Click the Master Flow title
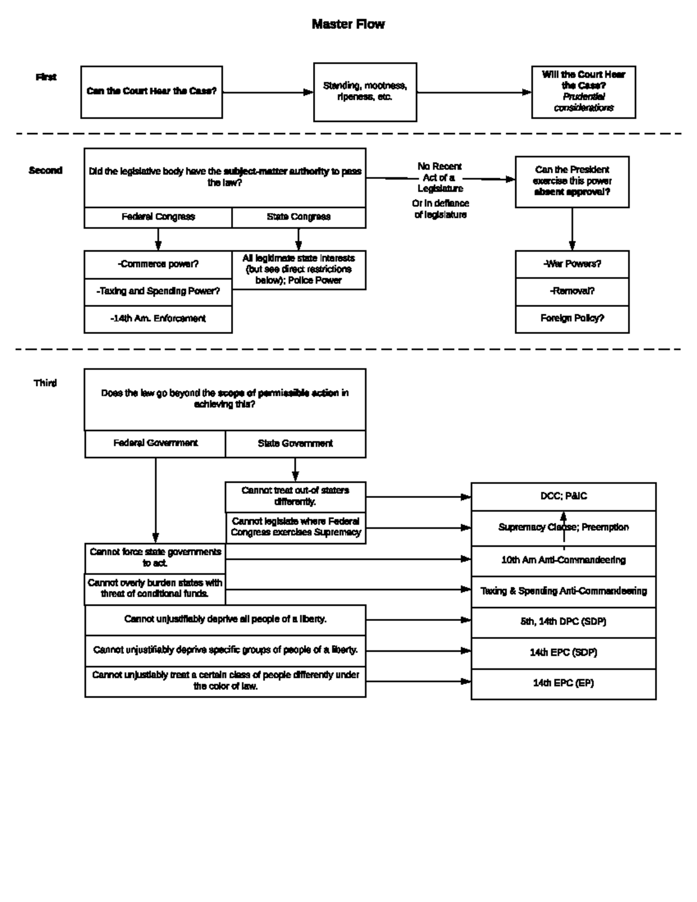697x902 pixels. click(x=348, y=24)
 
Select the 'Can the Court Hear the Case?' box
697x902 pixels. click(x=152, y=92)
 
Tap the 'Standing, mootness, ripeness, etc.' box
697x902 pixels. click(x=365, y=92)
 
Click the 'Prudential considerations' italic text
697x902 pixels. click(x=583, y=102)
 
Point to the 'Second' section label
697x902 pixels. click(x=45, y=170)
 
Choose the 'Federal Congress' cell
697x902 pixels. click(x=158, y=217)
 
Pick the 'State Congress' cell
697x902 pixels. click(x=299, y=217)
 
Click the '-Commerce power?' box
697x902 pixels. click(x=158, y=264)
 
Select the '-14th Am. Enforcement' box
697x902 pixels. click(x=158, y=318)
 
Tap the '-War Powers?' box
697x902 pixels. click(x=572, y=264)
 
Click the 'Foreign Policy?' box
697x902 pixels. click(x=572, y=318)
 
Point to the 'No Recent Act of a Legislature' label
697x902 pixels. click(x=440, y=177)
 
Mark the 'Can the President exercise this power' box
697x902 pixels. click(x=572, y=181)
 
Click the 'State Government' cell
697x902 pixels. click(x=295, y=443)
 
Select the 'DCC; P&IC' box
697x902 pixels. click(x=563, y=496)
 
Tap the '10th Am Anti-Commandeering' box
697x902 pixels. click(x=563, y=560)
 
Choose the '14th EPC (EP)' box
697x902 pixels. click(x=563, y=683)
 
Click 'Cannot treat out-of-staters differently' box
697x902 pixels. click(x=295, y=496)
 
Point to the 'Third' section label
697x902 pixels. click(x=45, y=383)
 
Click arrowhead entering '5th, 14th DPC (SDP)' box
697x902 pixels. click(x=466, y=620)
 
